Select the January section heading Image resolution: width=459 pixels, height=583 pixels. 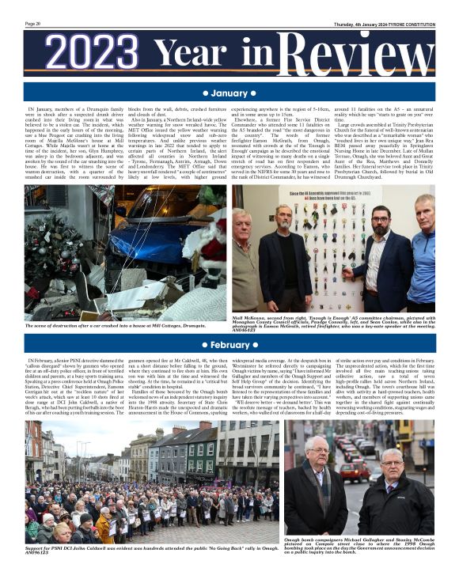coord(229,93)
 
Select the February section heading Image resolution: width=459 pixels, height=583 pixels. coord(229,345)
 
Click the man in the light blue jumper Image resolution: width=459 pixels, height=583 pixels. coord(423,253)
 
